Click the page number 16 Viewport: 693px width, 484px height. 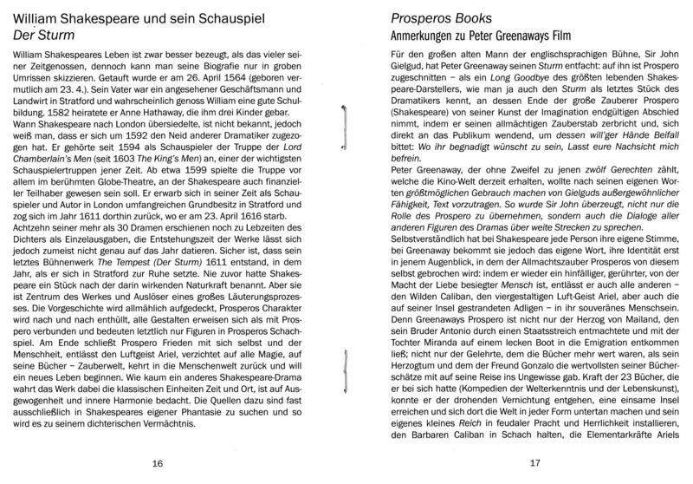click(x=157, y=463)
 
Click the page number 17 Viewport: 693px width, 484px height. click(x=534, y=463)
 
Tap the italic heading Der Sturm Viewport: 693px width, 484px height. click(x=42, y=34)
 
